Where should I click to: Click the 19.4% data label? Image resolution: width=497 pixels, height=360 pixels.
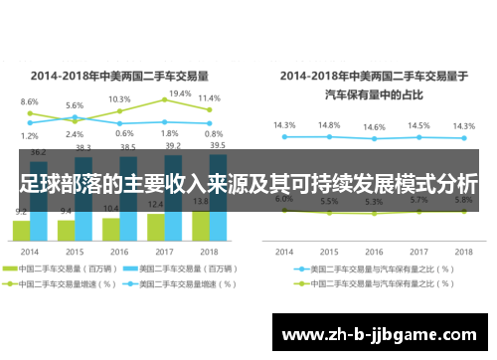180,93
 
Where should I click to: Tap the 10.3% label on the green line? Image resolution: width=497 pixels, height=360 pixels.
119,99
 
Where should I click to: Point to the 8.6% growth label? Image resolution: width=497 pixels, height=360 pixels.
30,101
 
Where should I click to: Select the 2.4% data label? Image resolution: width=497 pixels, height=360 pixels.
75,134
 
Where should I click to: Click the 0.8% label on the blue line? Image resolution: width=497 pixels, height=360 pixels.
213,134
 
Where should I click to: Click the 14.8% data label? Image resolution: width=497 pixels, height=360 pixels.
330,125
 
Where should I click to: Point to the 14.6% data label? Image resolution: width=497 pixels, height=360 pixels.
374,127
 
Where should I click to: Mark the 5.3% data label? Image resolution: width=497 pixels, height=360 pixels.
374,201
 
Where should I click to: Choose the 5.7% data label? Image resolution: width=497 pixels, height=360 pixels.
418,200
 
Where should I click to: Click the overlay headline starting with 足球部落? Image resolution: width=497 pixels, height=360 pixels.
248,185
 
